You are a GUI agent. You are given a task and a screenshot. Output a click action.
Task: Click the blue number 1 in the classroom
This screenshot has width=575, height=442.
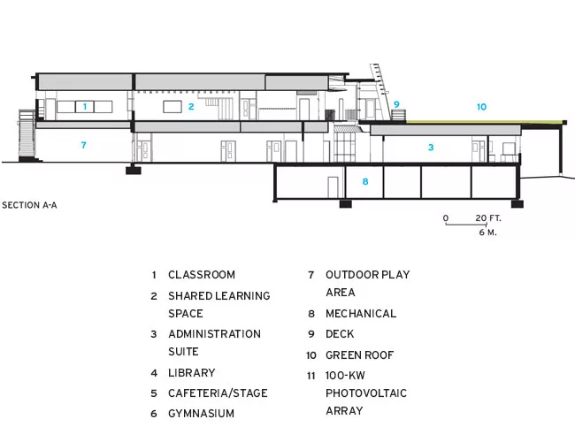(x=85, y=106)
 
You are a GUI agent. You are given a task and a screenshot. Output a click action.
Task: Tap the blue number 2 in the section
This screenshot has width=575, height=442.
(x=191, y=107)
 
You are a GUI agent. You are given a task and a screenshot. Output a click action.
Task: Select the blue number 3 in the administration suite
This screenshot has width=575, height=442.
(x=431, y=148)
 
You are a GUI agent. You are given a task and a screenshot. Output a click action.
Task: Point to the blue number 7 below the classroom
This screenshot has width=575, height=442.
(x=84, y=145)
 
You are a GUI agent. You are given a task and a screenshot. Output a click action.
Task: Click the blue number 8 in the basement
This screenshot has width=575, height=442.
(x=365, y=181)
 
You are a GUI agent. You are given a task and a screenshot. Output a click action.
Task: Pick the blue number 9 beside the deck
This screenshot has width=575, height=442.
(x=396, y=104)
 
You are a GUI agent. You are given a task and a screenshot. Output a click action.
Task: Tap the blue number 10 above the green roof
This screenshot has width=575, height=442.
(x=481, y=107)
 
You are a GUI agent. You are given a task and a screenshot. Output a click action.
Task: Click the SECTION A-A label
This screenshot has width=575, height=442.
(x=29, y=205)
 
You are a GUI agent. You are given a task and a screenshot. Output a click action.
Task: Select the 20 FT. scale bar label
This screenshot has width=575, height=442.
(x=488, y=218)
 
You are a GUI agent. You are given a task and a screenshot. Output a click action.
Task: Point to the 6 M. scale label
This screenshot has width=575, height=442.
(x=487, y=232)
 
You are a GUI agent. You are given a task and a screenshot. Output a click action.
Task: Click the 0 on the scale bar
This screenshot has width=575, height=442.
(x=446, y=218)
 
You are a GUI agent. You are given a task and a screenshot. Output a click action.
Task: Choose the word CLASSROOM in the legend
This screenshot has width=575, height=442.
(x=202, y=275)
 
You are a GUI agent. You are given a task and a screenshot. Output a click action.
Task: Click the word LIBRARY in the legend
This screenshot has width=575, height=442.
(x=192, y=373)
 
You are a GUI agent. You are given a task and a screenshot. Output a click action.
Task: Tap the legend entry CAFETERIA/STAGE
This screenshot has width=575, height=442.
(x=218, y=393)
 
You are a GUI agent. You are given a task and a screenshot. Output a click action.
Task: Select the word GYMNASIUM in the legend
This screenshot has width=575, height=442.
(x=202, y=414)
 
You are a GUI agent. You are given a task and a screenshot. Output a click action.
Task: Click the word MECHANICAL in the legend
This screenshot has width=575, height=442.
(x=361, y=314)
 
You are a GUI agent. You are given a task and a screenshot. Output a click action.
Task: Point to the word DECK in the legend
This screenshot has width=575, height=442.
(x=340, y=334)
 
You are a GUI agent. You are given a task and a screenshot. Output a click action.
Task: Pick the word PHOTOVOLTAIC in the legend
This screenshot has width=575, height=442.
(x=366, y=393)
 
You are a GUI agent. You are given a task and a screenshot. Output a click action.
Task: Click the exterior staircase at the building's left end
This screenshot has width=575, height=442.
(x=27, y=135)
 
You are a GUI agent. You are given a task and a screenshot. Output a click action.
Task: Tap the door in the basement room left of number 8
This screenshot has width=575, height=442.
(x=333, y=187)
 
